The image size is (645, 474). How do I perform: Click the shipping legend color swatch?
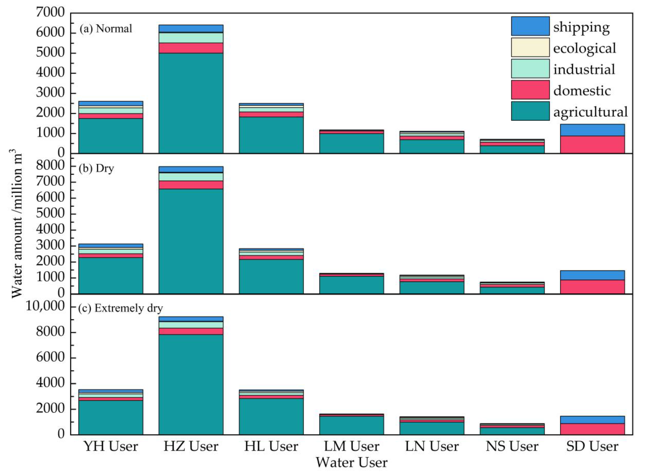pos(530,26)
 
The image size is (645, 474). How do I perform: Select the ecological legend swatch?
pos(530,47)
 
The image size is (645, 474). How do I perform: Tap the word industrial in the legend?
pos(584,69)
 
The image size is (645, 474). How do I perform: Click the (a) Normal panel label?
pos(106,29)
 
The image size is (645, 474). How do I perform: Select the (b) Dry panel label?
pos(96,168)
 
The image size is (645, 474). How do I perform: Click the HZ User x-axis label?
pos(191,447)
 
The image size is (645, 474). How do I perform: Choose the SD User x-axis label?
pos(592,447)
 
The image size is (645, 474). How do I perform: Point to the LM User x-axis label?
pos(352,447)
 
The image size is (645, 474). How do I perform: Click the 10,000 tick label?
pos(45,306)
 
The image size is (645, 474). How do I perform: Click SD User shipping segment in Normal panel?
pos(592,130)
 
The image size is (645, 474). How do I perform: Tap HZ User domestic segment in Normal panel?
pos(191,48)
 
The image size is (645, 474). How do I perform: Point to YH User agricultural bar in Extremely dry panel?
pos(111,417)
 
